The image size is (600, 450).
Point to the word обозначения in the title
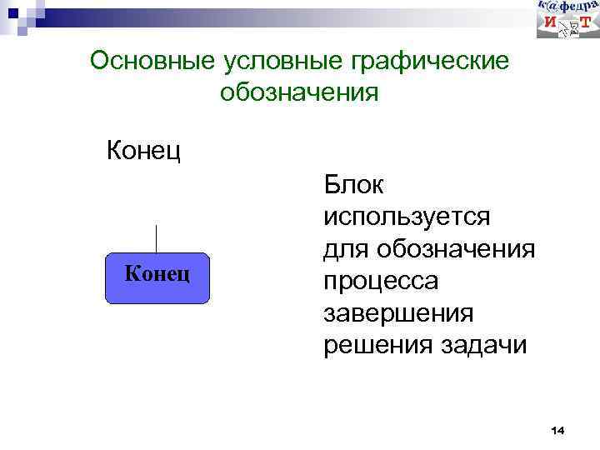click(x=299, y=92)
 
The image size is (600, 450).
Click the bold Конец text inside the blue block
click(x=157, y=272)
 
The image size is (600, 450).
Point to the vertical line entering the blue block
click(x=157, y=238)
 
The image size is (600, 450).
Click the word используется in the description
click(x=407, y=217)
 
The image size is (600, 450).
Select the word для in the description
click(x=346, y=249)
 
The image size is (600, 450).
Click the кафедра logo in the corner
click(x=567, y=19)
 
